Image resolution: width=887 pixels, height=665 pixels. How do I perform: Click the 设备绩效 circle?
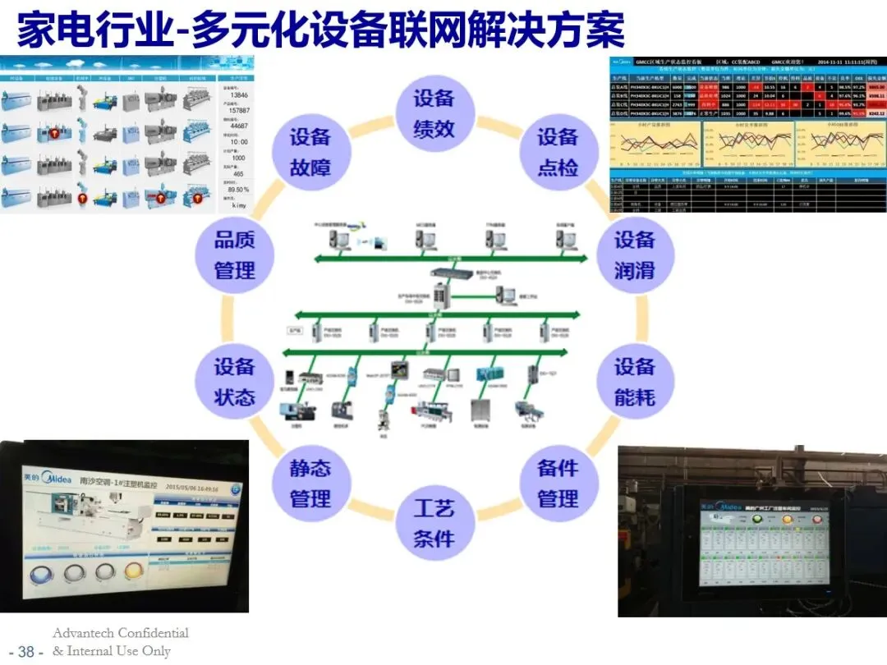434,113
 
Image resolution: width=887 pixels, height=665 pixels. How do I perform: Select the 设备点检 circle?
558,152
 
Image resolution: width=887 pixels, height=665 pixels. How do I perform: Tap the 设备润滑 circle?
635,255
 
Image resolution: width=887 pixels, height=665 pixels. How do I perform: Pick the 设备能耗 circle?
635,381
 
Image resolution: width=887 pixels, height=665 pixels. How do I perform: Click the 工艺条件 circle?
434,524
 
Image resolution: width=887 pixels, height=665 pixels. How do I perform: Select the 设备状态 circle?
235,382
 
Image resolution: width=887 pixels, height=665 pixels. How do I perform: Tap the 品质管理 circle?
235,255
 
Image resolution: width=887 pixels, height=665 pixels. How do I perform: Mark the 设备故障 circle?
310,152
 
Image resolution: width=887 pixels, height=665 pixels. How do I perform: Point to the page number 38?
25,652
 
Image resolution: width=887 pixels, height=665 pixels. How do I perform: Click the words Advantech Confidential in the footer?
121,633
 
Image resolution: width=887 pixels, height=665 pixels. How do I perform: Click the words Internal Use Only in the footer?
119,651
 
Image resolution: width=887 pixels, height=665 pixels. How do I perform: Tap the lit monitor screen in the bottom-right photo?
763,542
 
